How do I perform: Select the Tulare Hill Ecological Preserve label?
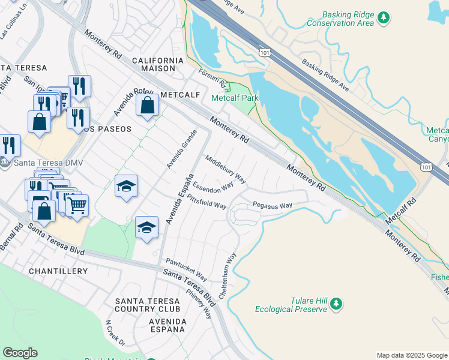tap(291, 305)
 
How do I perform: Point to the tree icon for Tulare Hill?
tap(337, 305)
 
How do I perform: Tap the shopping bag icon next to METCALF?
tap(147, 106)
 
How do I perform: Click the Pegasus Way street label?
tap(272, 205)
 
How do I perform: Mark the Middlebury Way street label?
tap(226, 169)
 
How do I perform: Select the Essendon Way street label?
tap(212, 187)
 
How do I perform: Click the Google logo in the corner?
tap(19, 353)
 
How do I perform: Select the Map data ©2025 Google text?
tap(411, 355)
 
